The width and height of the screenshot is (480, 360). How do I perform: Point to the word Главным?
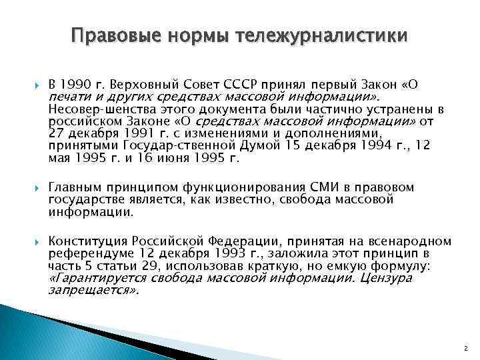tap(74, 187)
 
